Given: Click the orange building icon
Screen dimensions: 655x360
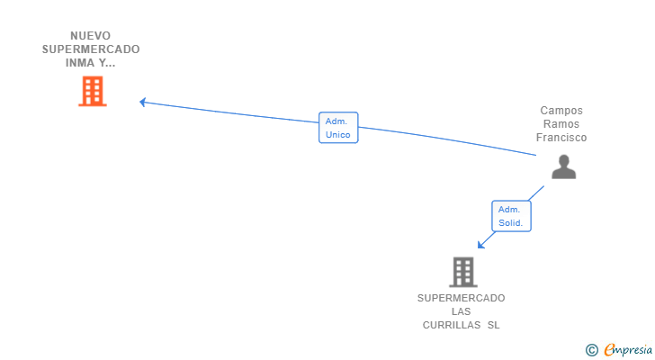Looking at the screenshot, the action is [x=93, y=91].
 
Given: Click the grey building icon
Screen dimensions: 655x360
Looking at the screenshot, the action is [x=462, y=272].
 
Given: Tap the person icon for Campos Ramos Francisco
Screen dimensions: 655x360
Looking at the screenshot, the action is [x=563, y=166].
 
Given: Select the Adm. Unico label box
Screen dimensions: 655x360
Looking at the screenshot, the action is [x=338, y=128].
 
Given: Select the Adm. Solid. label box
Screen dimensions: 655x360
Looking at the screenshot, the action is [x=511, y=216].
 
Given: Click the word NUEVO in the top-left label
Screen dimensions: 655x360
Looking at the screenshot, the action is [x=90, y=36].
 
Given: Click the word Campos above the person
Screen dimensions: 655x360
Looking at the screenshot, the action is [x=561, y=111].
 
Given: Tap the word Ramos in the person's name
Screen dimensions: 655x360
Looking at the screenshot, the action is [x=561, y=124].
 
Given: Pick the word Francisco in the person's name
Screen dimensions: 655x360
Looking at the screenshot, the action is [x=561, y=138].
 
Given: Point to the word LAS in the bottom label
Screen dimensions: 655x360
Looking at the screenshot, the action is [x=461, y=311].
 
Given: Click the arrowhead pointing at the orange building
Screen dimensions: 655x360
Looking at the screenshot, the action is [x=143, y=102].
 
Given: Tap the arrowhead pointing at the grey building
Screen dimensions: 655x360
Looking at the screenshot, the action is [x=481, y=244].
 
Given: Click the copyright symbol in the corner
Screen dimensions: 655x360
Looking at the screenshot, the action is [x=591, y=350].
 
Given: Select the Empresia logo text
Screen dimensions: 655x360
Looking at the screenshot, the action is [x=627, y=350].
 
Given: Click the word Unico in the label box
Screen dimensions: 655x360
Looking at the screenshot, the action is [x=338, y=135].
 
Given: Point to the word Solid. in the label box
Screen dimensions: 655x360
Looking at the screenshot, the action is [x=511, y=222].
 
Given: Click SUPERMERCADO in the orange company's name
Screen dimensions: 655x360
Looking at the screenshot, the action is [x=90, y=49].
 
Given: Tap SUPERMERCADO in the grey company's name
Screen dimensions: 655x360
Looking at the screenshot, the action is [x=461, y=298].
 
